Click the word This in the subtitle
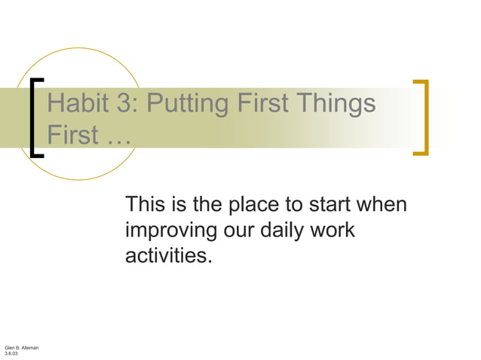pos(148,204)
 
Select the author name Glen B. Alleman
pos(22,346)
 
